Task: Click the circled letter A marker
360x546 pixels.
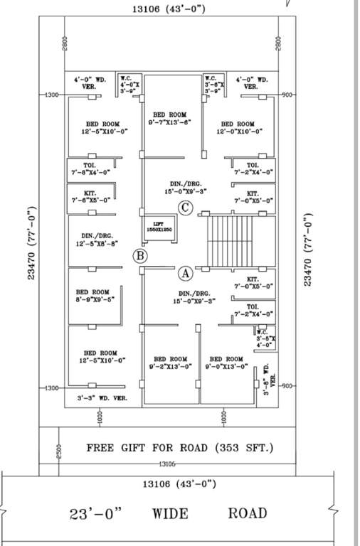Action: (x=185, y=272)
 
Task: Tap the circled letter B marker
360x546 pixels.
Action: (x=141, y=256)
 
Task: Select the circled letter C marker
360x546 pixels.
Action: (x=185, y=208)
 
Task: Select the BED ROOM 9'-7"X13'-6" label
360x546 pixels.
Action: (x=169, y=119)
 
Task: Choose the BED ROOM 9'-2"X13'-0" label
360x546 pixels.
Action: (x=169, y=363)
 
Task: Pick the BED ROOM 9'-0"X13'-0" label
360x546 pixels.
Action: (x=226, y=363)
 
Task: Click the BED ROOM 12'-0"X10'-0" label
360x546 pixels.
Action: (x=238, y=127)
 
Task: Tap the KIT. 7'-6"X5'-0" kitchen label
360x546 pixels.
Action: (x=90, y=196)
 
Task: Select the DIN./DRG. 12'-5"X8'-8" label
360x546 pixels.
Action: (x=91, y=240)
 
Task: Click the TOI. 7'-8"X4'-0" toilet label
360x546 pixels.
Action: (x=90, y=168)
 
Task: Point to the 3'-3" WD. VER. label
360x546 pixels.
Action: (x=102, y=398)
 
